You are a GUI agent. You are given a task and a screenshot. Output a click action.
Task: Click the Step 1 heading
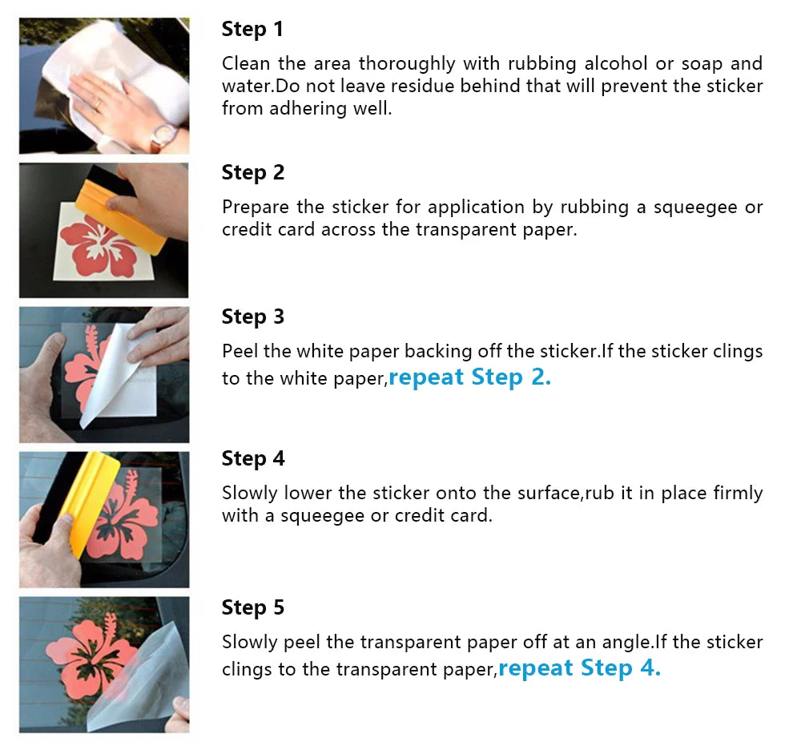coord(252,29)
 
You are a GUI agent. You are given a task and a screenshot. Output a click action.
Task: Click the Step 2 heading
coord(253,173)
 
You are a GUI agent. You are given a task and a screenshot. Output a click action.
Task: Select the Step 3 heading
coord(253,317)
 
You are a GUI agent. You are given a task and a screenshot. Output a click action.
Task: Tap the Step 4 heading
coord(253,459)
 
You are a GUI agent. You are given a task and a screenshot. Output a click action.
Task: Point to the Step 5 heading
coord(253,607)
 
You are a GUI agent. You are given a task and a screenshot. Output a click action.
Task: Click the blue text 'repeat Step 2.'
coord(470,377)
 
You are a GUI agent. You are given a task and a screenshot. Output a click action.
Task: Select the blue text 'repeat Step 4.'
coord(579,668)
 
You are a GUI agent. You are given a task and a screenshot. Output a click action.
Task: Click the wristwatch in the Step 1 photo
coord(163,136)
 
